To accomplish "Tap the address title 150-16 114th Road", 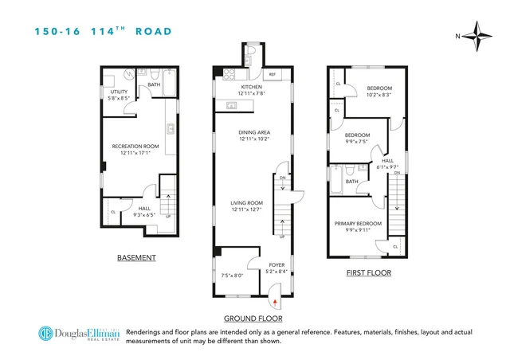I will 103,31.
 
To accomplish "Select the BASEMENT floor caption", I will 136,258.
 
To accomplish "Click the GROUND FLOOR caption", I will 253,316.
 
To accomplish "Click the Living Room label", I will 247,205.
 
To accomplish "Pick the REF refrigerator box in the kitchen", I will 272,74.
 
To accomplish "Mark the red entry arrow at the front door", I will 276,302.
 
